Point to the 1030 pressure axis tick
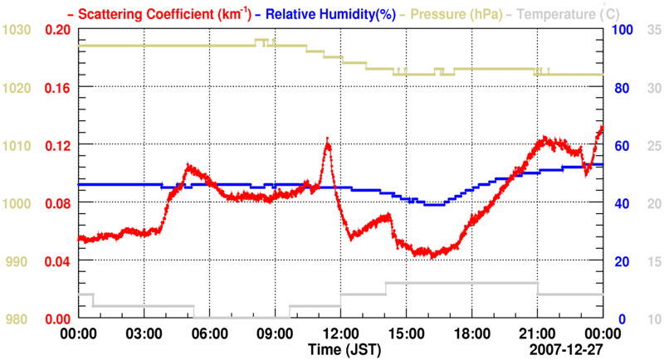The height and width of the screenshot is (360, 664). (x=17, y=30)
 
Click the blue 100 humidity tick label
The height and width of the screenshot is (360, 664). (x=622, y=30)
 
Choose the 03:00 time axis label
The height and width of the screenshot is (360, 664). (x=144, y=334)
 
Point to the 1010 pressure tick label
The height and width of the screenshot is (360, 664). (x=17, y=145)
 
